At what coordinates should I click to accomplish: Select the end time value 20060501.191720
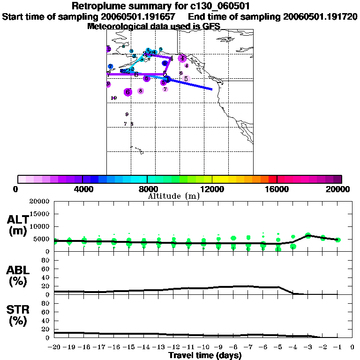coord(320,17)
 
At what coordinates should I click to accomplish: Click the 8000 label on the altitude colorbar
coord(147,189)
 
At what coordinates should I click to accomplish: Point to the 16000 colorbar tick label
coord(277,189)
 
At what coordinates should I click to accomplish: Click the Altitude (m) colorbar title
coord(173,196)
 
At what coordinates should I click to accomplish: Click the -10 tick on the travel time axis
coord(203,347)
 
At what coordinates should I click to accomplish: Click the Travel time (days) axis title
coord(205,356)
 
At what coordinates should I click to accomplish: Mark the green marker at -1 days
coord(337,240)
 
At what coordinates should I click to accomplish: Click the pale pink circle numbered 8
coord(141,91)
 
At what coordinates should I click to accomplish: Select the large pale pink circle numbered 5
coord(186,79)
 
